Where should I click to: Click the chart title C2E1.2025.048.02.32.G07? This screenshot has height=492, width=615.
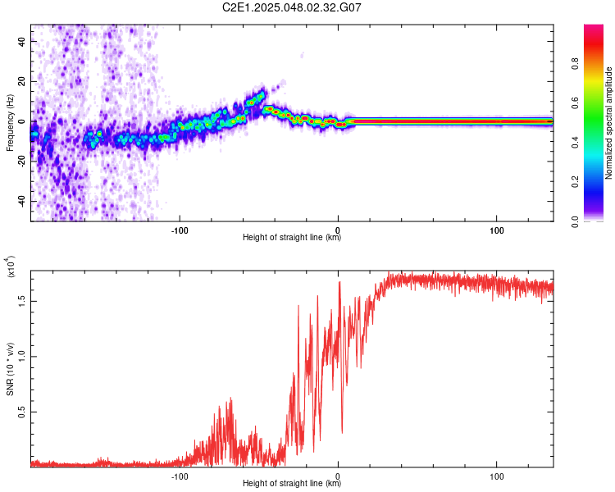pos(291,7)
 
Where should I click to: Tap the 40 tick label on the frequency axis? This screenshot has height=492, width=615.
pos(22,41)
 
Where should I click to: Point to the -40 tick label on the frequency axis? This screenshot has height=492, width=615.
pos(22,201)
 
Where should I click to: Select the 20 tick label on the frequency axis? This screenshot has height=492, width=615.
pos(22,81)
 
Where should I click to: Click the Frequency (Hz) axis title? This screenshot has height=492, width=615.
pos(10,123)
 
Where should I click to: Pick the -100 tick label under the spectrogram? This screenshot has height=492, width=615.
pos(180,230)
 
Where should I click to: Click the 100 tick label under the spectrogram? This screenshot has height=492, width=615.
pos(497,230)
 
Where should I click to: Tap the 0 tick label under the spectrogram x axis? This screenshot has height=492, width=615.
pos(338,230)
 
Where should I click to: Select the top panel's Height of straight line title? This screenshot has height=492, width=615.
pos(292,237)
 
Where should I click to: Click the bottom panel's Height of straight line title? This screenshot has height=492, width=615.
pos(292,483)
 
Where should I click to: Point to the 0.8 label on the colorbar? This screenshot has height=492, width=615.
pos(575,64)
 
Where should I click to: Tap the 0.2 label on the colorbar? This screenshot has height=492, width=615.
pos(575,182)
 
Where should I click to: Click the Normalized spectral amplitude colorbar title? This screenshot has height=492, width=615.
pos(608,123)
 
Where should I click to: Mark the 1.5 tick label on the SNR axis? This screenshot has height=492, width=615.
pos(21,301)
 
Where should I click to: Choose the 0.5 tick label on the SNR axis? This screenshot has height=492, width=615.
pos(21,412)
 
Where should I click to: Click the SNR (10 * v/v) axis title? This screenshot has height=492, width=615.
pos(10,369)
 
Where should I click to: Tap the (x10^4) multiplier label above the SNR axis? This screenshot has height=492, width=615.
pos(10,266)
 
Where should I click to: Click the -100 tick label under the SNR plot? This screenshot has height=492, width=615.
pos(180,476)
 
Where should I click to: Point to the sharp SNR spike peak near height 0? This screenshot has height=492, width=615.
pos(339,282)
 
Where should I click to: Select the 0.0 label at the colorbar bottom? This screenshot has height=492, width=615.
pos(575,221)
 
